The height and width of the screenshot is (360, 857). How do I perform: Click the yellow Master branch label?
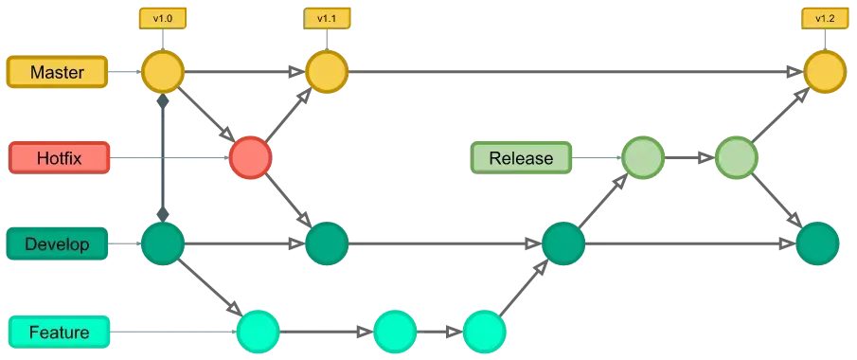(x=59, y=72)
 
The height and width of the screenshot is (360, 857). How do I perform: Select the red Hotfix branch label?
(x=59, y=157)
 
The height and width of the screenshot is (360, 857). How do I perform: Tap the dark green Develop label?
(x=57, y=244)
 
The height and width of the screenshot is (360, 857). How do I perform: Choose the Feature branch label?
(x=59, y=332)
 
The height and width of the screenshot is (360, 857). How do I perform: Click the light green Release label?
(x=522, y=157)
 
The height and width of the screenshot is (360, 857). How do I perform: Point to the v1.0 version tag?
(x=163, y=18)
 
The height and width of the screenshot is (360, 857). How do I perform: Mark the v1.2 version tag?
(x=823, y=18)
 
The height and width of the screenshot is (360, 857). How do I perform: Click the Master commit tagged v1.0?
(x=163, y=72)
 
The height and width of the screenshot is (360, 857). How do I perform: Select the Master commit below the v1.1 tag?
(x=327, y=72)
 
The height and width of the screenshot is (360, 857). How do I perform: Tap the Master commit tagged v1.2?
(x=823, y=72)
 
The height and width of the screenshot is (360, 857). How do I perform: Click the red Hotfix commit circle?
(x=250, y=157)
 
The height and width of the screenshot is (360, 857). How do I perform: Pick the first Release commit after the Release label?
(x=642, y=157)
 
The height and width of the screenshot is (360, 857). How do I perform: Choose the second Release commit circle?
(x=736, y=157)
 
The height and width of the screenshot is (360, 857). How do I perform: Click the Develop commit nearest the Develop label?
(x=163, y=243)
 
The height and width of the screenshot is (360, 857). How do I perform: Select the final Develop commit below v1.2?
(x=817, y=243)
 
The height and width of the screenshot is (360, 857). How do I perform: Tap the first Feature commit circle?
(x=258, y=332)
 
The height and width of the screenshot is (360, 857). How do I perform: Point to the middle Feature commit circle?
(x=394, y=332)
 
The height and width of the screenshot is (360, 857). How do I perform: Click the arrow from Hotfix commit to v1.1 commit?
(x=287, y=116)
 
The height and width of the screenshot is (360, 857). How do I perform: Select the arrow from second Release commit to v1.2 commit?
(x=779, y=115)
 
